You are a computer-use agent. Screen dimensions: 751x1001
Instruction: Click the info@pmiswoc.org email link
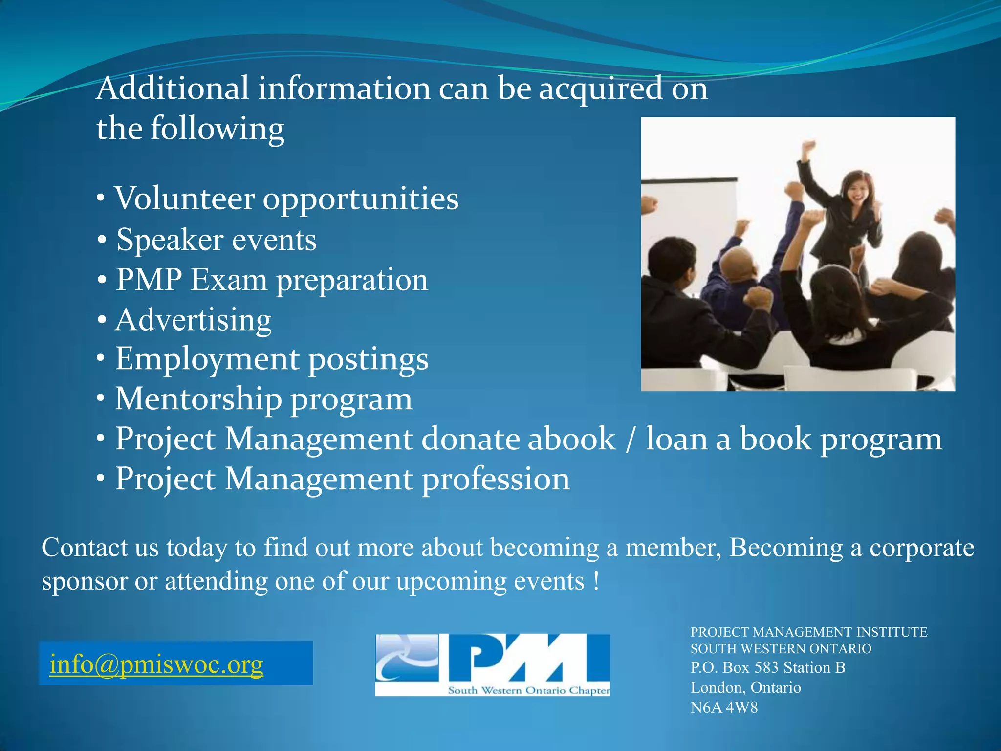coord(156,664)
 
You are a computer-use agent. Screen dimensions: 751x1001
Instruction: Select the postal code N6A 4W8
coord(724,707)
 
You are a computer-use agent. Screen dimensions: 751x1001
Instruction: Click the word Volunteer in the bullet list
coord(185,199)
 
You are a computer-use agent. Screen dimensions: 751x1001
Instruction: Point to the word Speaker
coord(170,240)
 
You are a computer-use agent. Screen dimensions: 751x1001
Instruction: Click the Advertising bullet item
coord(193,320)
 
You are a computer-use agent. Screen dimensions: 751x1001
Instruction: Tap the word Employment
coord(207,359)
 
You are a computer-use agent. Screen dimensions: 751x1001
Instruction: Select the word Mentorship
coord(198,399)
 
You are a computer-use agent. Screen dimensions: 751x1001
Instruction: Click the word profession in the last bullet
coord(496,479)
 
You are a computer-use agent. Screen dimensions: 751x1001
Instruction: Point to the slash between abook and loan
coord(631,439)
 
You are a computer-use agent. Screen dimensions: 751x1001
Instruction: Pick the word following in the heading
coord(217,129)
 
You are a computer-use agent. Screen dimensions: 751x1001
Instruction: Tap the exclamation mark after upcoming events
coord(596,581)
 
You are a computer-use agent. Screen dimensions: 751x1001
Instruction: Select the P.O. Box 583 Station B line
coord(768,667)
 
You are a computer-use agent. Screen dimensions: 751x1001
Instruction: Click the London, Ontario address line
coord(745,687)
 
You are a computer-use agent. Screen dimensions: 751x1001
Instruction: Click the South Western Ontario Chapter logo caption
coord(529,691)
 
